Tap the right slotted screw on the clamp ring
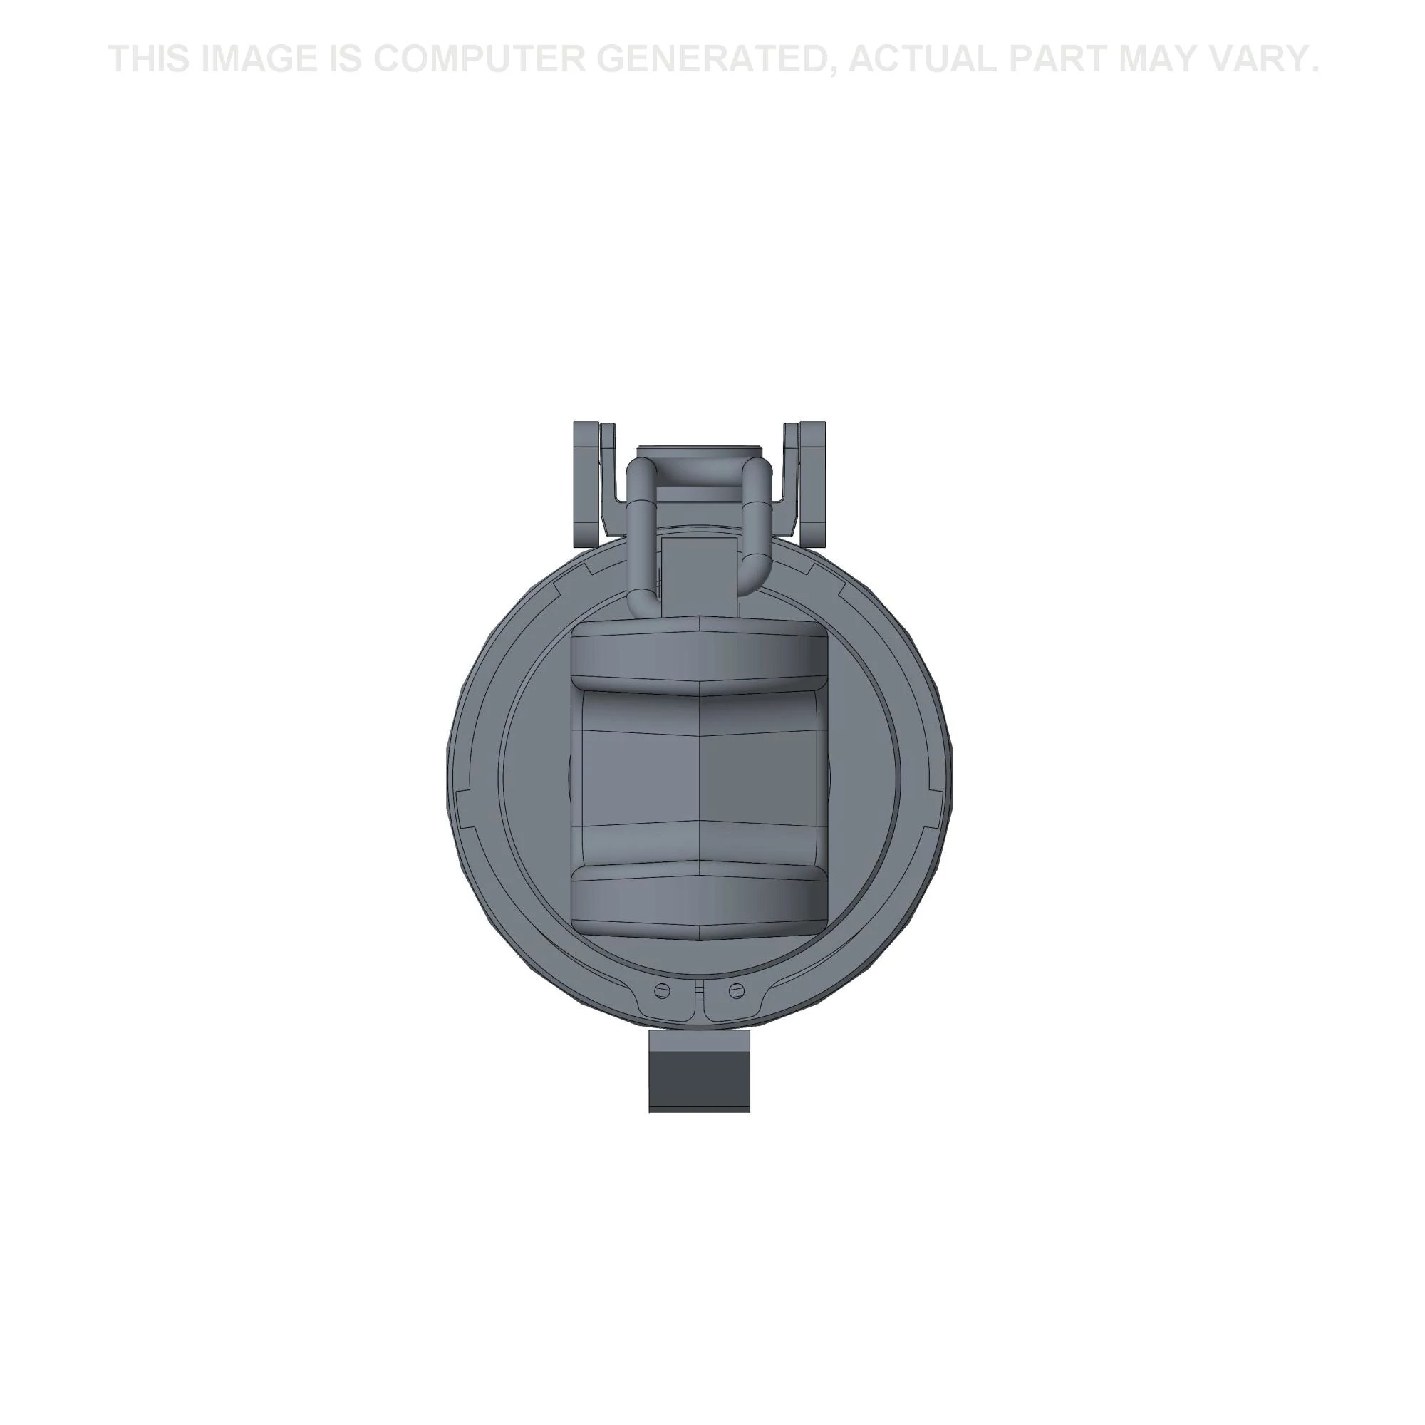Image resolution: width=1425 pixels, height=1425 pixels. (736, 990)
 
